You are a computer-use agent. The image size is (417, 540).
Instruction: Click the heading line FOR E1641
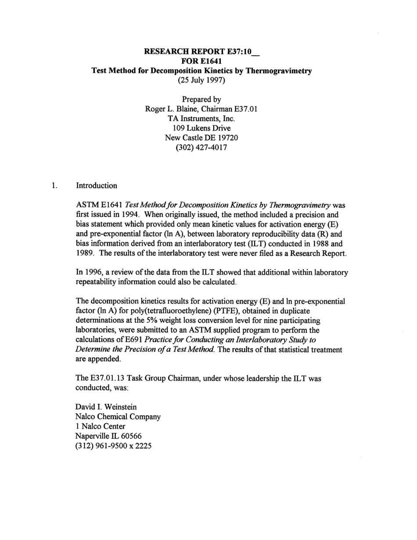point(201,61)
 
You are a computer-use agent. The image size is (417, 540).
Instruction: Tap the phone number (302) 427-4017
point(201,147)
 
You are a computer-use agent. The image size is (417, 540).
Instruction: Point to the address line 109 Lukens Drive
point(201,128)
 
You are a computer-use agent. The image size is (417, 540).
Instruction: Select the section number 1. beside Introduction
point(54,186)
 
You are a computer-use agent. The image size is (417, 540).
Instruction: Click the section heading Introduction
point(97,186)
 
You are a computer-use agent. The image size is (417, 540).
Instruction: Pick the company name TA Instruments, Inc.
point(201,119)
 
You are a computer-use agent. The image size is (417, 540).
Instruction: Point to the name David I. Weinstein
point(106,407)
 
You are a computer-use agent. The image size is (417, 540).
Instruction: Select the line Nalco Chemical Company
point(118,417)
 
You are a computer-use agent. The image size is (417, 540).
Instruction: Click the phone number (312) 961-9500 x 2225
point(114,446)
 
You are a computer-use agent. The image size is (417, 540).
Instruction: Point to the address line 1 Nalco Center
point(101,426)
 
